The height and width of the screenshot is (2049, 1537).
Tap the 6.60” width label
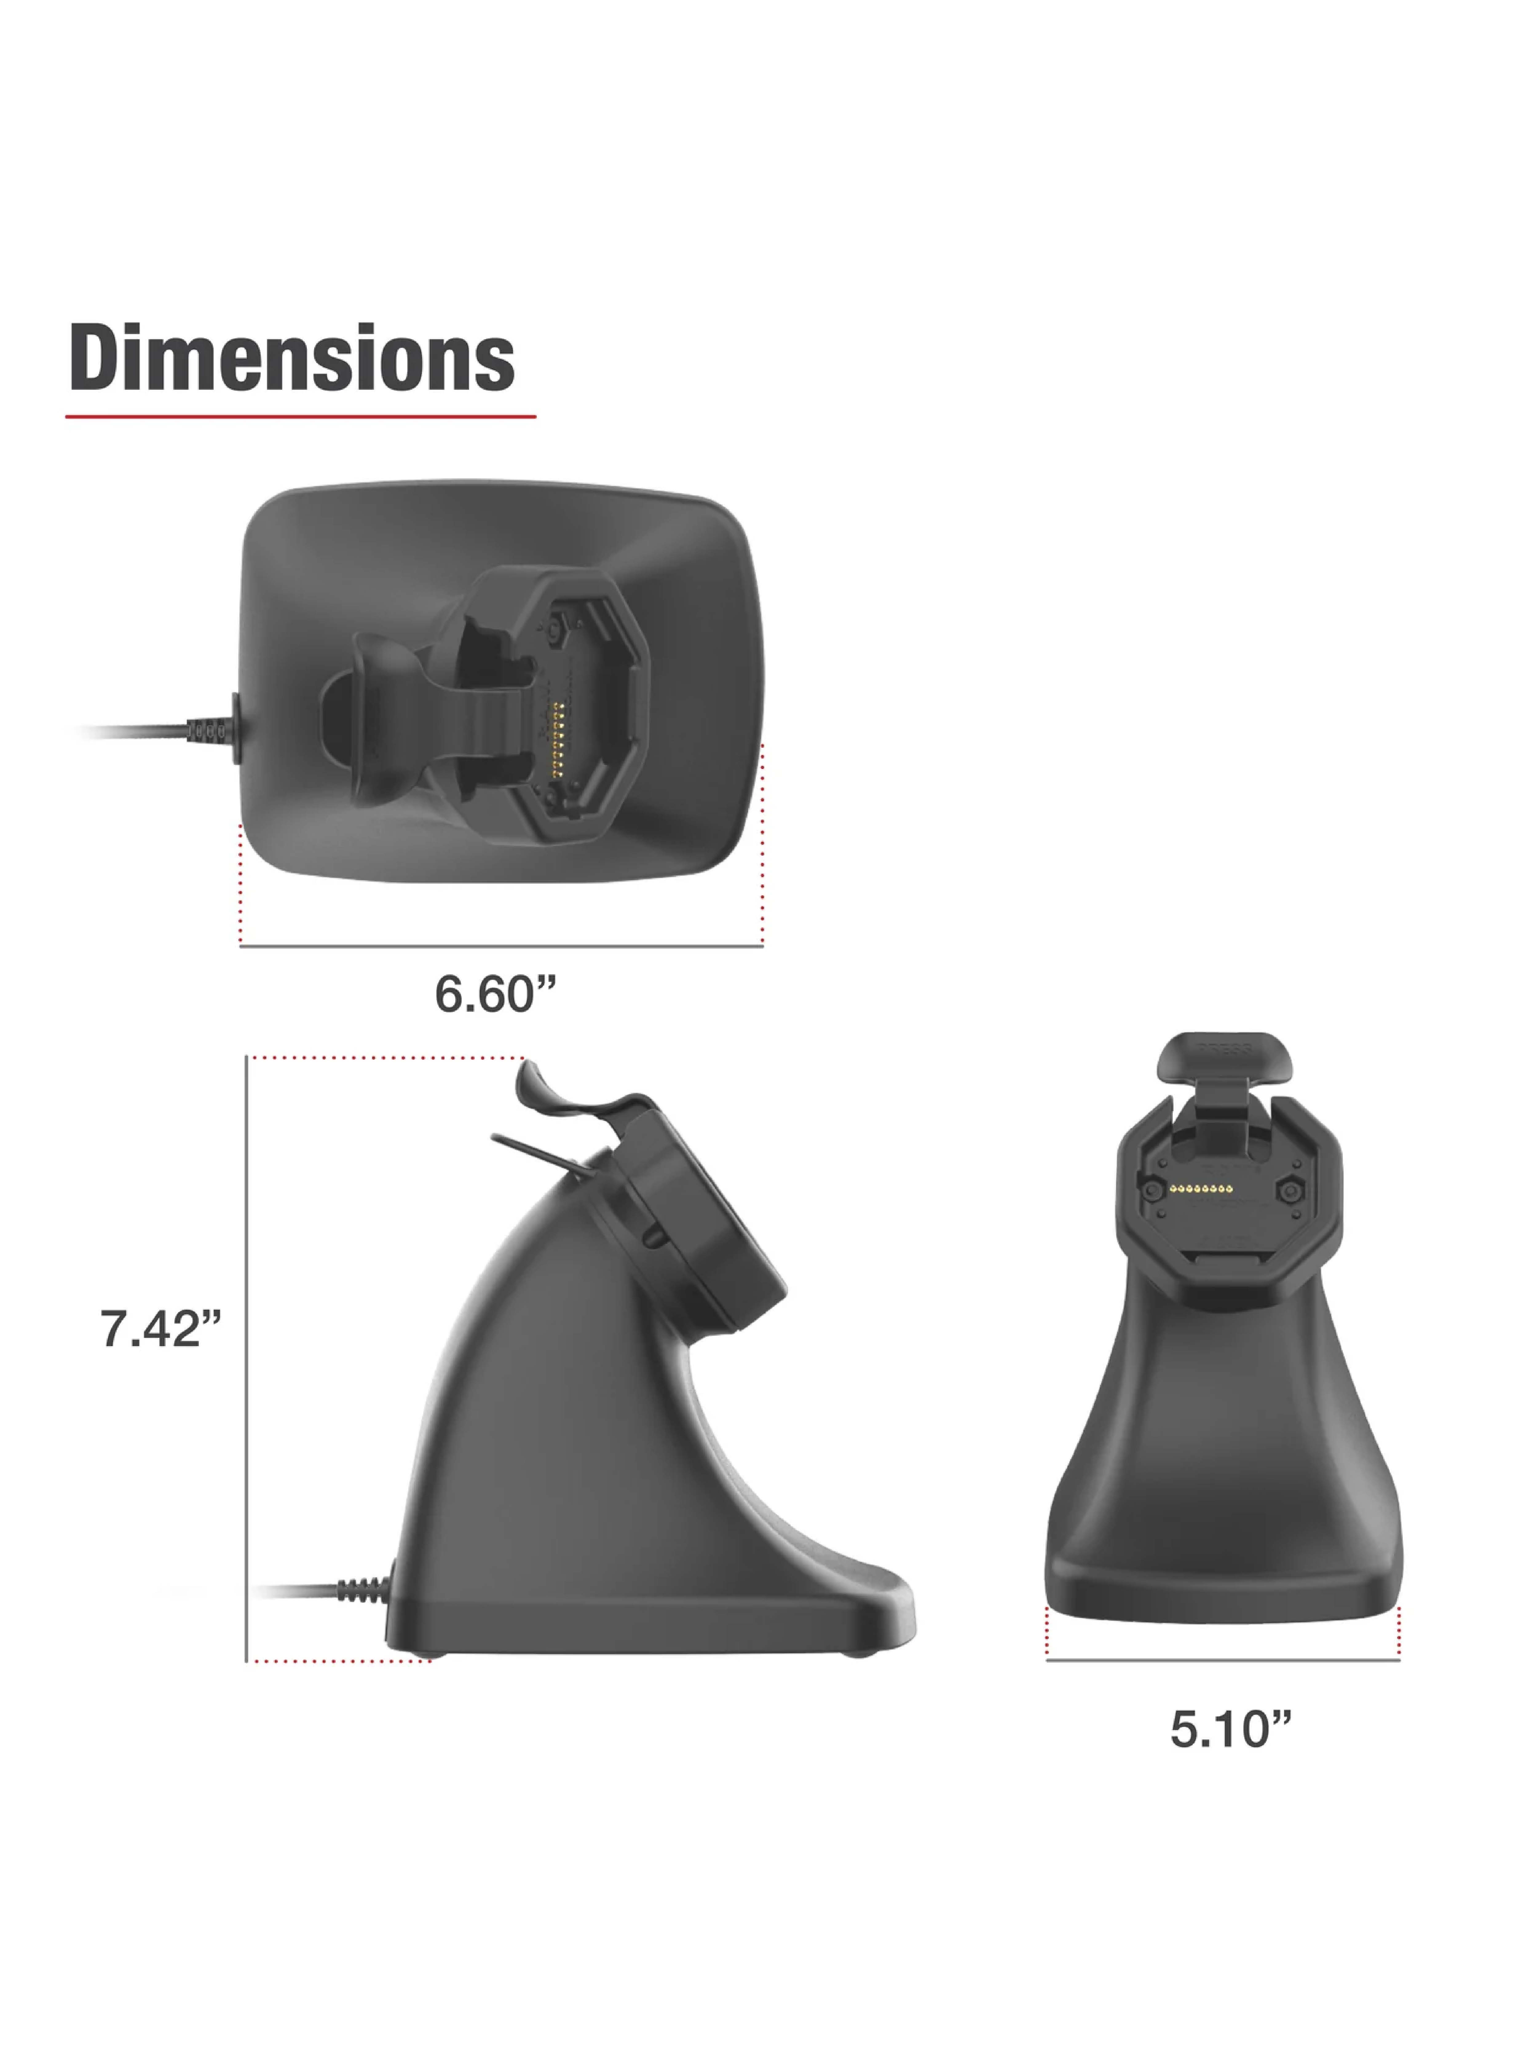[x=496, y=994]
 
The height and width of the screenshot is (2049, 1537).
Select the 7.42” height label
[x=160, y=1328]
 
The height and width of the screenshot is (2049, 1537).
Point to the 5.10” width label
[x=1230, y=1728]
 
